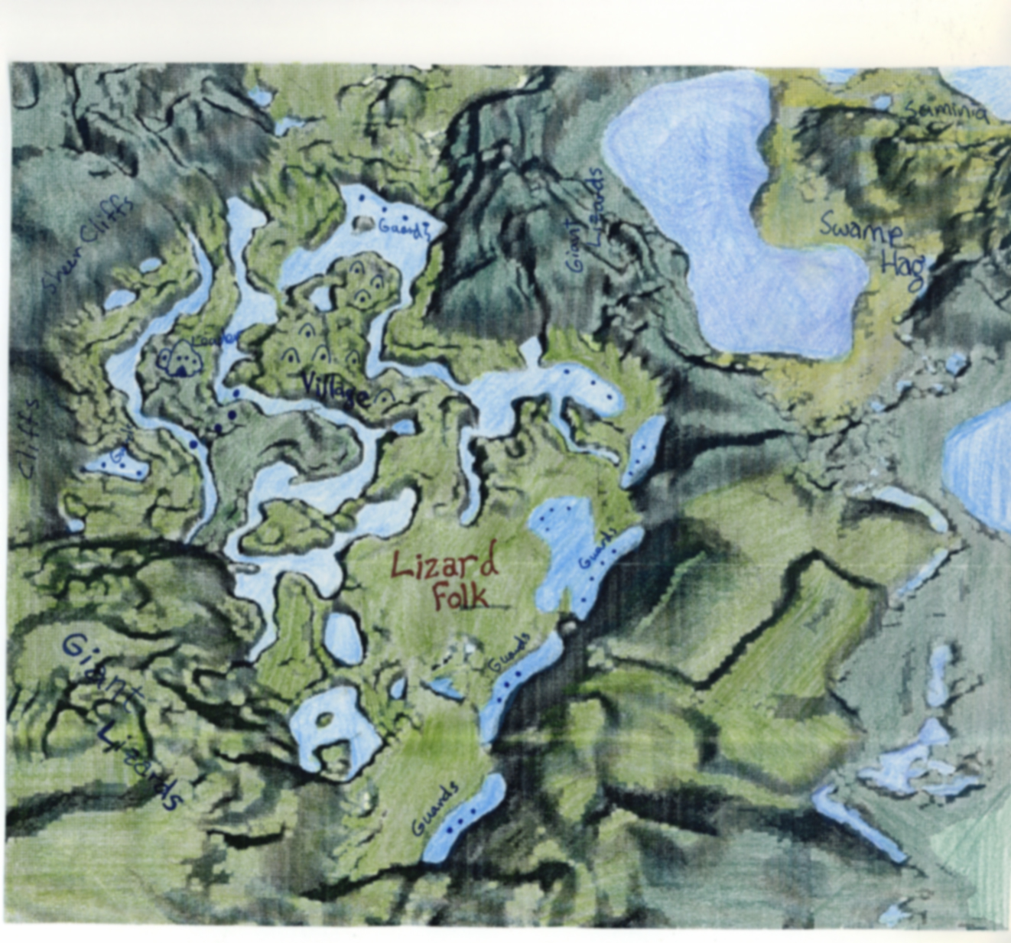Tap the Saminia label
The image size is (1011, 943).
945,112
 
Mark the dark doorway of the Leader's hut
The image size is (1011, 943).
180,370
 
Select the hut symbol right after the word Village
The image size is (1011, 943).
384,395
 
